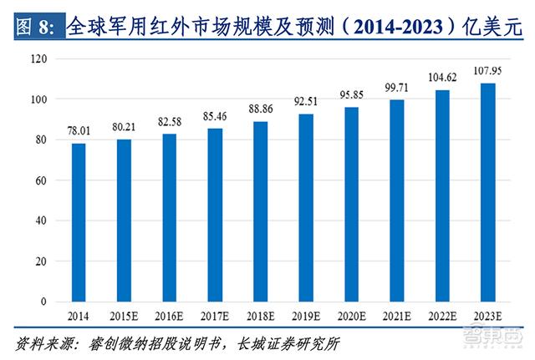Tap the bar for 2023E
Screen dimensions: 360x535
coord(488,192)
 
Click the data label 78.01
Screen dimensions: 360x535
coord(78,131)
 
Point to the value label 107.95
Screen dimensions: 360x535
coord(488,71)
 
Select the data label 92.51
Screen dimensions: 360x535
coord(306,102)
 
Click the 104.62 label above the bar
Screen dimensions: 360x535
coord(443,78)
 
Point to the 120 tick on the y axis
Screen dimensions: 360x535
coord(35,59)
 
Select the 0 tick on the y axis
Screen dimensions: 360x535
coord(41,302)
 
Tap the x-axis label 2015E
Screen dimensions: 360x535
coord(124,317)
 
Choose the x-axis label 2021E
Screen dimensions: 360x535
coord(397,317)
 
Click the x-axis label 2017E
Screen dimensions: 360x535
coord(215,317)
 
